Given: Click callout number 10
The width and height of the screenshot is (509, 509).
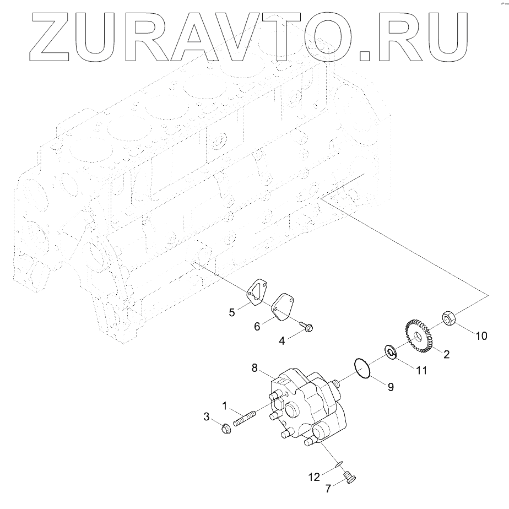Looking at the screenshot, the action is (481, 335).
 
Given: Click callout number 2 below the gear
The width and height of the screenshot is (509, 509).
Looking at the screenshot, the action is (446, 355).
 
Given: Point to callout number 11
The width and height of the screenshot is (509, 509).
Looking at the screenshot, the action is (421, 371).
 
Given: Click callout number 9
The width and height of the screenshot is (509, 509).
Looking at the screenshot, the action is (390, 387).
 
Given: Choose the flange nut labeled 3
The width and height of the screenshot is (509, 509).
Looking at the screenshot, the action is (225, 428).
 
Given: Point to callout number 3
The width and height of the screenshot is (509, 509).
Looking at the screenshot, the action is (207, 417).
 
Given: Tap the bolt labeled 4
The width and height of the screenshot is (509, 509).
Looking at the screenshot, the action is (306, 327).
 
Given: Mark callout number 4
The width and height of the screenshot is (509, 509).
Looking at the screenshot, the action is (281, 342).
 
